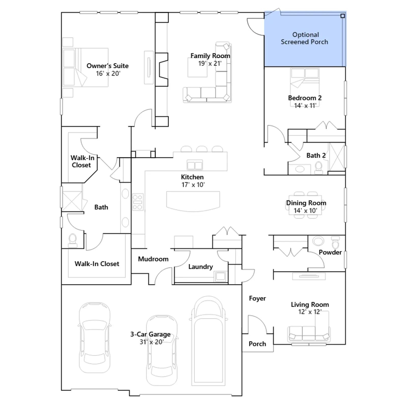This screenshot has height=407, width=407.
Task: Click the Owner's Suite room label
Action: coord(108,66)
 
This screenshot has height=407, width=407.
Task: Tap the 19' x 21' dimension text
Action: coord(210,64)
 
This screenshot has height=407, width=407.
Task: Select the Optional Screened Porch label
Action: coord(304,38)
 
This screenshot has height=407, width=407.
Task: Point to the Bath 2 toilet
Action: coord(318,168)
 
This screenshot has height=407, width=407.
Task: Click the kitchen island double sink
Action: coord(195,165)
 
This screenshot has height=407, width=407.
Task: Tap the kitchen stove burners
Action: coord(138,202)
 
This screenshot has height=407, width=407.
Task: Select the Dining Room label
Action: coord(306,203)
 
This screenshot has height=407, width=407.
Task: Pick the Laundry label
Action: coord(200,267)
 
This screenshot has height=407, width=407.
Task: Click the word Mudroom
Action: coord(153,259)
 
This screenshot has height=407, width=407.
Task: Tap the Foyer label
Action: coord(257,298)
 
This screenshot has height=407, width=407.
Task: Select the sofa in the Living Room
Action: coord(309,333)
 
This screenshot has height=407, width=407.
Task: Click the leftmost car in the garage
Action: coord(95,338)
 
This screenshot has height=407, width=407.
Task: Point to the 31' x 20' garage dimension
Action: coord(151,342)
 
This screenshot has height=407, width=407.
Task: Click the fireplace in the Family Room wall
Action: coord(162,69)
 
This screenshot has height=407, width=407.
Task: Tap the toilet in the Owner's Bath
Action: coord(73,241)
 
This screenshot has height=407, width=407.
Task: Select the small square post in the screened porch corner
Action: coord(343,16)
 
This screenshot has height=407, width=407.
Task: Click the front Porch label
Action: coord(257,344)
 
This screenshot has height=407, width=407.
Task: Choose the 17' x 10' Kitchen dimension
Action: coord(193,185)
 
